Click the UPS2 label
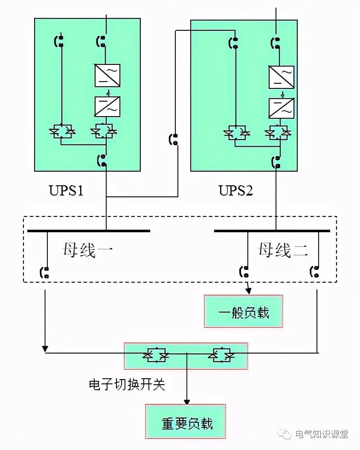click(x=236, y=190)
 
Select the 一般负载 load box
click(x=244, y=311)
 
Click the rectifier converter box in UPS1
click(x=107, y=75)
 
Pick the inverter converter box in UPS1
click(x=107, y=106)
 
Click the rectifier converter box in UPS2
click(x=281, y=77)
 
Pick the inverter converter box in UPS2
click(x=281, y=108)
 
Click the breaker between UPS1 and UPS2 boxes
click(x=173, y=139)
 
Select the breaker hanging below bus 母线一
click(x=44, y=272)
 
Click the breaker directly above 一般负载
click(x=244, y=271)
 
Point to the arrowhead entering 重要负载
click(x=187, y=402)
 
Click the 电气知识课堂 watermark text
click(x=322, y=434)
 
